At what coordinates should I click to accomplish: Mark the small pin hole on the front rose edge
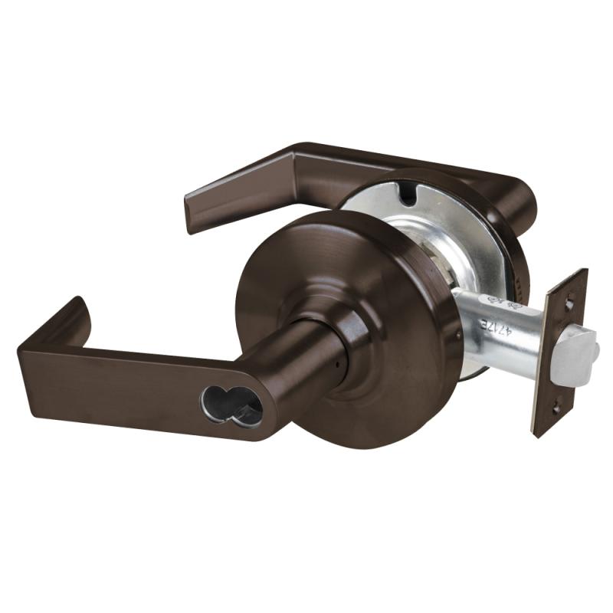457,335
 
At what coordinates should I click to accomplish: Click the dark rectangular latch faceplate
559,352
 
